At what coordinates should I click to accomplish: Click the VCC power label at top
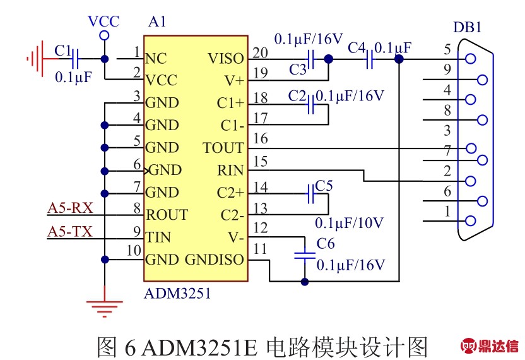(x=103, y=21)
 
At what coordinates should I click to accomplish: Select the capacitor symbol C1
(x=76, y=59)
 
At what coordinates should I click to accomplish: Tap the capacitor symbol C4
(x=370, y=59)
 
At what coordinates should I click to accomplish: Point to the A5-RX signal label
(x=70, y=208)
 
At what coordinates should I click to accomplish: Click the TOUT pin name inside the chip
(x=223, y=148)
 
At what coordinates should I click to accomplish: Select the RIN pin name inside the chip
(x=230, y=170)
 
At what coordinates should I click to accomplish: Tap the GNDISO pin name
(x=214, y=260)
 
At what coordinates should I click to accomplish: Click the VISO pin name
(x=225, y=59)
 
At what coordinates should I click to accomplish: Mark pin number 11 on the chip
(x=259, y=249)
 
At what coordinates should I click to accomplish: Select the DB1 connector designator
(x=468, y=28)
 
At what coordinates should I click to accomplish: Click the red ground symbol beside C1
(x=35, y=59)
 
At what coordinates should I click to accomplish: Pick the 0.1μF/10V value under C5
(x=349, y=222)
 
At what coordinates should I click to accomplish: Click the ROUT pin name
(x=167, y=215)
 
